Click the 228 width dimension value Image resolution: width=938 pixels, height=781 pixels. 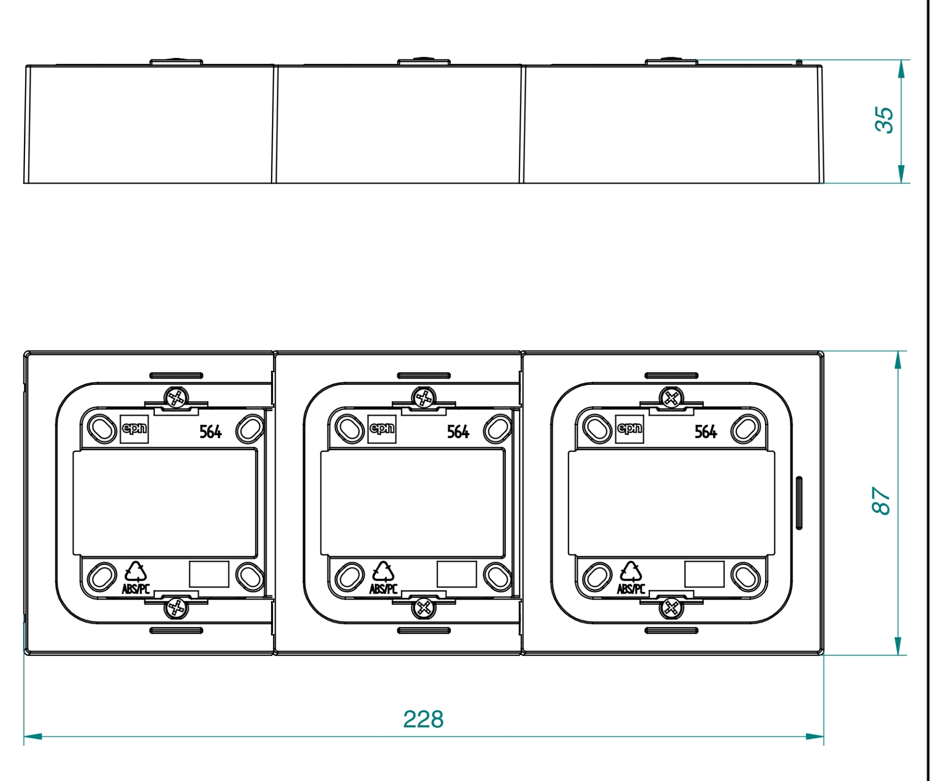coord(423,719)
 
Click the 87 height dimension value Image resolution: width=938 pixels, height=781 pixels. coord(881,501)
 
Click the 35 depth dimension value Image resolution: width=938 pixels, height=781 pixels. coord(884,120)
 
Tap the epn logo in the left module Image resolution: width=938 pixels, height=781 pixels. coord(134,429)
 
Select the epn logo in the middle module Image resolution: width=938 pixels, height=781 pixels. coord(382,429)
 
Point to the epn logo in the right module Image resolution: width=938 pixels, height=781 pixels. coord(630,429)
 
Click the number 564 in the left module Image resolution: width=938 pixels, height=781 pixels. coord(211,432)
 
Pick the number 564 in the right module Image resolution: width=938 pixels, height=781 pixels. coord(706,432)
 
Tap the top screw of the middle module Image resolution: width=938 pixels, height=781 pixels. coord(424,398)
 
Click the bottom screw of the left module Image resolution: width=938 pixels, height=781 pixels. coord(176,608)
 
